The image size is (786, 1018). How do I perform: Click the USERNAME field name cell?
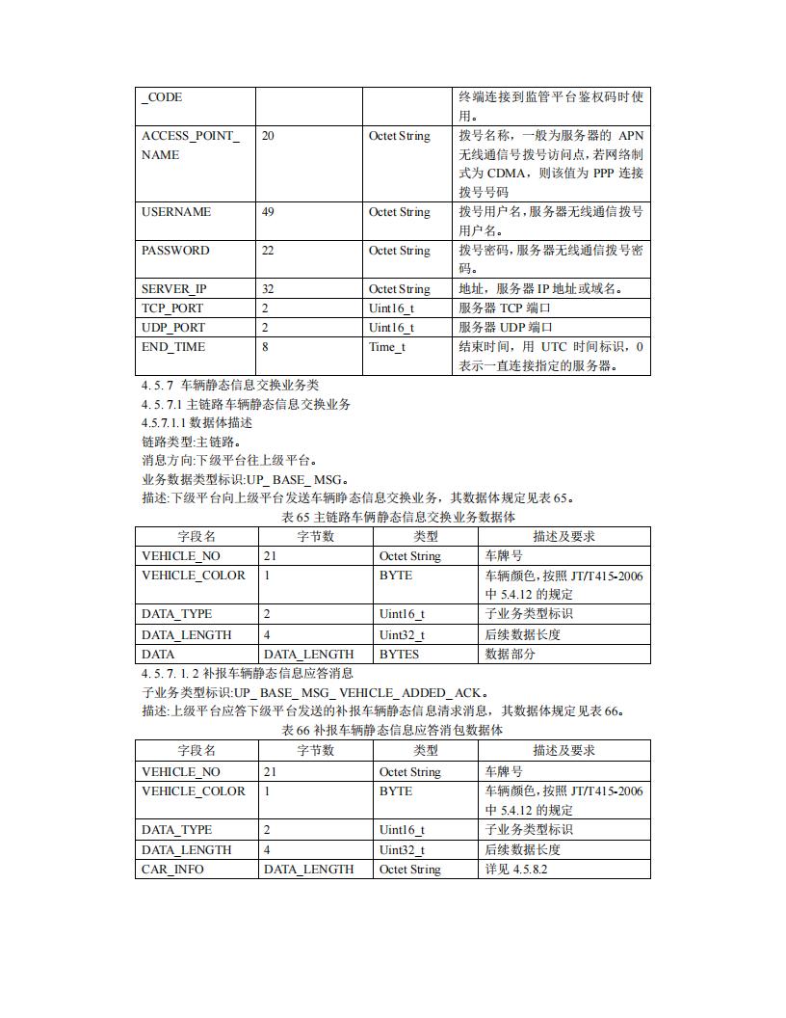coord(176,212)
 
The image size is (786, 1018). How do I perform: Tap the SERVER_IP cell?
coord(173,289)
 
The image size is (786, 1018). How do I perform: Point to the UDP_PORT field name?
coord(173,328)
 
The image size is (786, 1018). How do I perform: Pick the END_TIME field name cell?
coord(173,347)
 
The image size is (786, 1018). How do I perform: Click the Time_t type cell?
coord(387,347)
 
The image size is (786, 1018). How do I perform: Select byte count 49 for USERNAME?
coord(268,212)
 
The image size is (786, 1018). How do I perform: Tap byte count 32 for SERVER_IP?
coord(268,289)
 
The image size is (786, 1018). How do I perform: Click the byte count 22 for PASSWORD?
coord(268,251)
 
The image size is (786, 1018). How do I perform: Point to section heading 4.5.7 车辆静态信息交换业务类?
coord(230,385)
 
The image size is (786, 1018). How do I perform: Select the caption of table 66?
coord(392,731)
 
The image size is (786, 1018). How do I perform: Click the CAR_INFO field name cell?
coord(172,870)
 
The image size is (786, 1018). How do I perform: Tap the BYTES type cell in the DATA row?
coord(399,655)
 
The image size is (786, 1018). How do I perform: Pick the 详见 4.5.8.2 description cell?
coord(517,870)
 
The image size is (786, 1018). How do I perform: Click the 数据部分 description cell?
coord(511,655)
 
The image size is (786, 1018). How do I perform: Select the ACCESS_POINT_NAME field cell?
coord(191,146)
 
